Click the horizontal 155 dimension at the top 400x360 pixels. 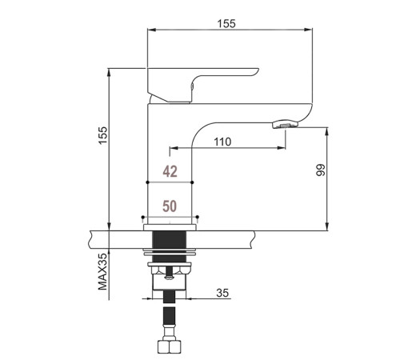pos(226,24)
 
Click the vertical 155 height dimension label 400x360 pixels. pos(103,135)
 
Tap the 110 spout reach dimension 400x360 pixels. pos(222,142)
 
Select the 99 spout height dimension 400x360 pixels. pos(321,170)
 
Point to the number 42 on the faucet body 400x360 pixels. pos(170,171)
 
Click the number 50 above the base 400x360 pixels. pos(170,206)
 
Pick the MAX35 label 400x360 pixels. pos(102,271)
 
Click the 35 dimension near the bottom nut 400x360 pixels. pos(222,293)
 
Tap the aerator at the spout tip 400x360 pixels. pos(285,124)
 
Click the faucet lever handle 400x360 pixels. pos(202,85)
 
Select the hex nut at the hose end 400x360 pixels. pos(170,346)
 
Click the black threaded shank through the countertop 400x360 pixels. pos(169,246)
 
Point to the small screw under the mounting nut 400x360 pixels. pos(169,274)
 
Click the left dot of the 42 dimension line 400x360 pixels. pos(147,182)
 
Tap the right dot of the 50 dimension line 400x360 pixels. pos(197,217)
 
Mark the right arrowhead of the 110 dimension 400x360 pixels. pos(282,147)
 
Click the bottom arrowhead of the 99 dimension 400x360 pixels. pos(327,226)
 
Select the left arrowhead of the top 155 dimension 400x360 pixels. pos(151,30)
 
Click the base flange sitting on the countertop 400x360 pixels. pos(170,227)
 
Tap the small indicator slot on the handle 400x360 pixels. pos(192,86)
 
